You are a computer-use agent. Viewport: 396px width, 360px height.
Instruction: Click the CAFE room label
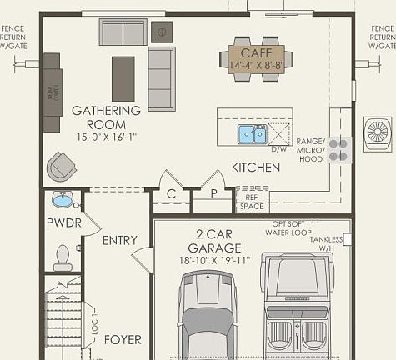[251, 42]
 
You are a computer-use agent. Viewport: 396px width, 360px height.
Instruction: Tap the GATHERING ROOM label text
[105, 117]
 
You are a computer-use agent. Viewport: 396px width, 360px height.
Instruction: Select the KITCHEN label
[255, 167]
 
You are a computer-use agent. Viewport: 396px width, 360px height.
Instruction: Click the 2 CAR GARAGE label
[214, 241]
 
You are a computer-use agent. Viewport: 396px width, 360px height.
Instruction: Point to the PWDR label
[63, 222]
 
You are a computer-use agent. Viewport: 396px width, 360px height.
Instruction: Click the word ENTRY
[119, 240]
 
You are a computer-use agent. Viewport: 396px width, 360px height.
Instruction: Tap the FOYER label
[122, 339]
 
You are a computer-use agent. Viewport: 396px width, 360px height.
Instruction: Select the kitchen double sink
[252, 134]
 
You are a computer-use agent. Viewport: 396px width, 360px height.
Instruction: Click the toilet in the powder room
[63, 256]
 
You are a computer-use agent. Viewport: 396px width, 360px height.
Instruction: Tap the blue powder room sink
[63, 200]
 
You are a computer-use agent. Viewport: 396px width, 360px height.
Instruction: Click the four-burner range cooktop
[338, 149]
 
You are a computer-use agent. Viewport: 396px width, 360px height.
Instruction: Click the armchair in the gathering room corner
[61, 166]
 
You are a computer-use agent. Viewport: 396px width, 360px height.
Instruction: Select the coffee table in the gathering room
[123, 78]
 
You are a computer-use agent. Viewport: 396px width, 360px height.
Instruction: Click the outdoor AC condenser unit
[380, 133]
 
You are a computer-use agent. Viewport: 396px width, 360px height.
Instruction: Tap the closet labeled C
[171, 194]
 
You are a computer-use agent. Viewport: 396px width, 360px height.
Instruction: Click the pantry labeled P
[213, 194]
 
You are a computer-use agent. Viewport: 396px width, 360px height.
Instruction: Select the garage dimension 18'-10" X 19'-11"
[214, 261]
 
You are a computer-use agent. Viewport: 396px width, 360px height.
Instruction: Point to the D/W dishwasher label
[278, 148]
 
